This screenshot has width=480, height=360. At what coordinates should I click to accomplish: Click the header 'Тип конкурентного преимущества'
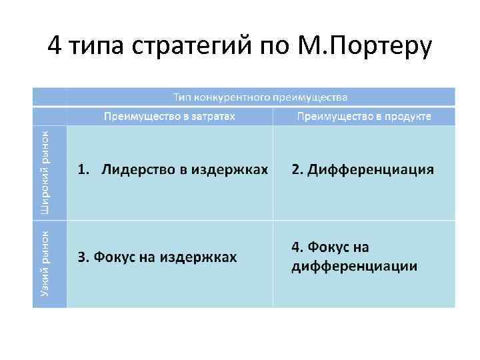tap(261, 97)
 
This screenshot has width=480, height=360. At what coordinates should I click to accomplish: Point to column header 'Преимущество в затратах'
tap(170, 116)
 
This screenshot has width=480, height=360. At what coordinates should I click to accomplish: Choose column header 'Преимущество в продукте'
tap(364, 116)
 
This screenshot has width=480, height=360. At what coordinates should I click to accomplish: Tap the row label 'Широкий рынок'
tap(45, 172)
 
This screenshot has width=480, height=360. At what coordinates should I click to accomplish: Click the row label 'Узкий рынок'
tap(45, 263)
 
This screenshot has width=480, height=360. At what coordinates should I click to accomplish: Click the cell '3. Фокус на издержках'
tap(157, 257)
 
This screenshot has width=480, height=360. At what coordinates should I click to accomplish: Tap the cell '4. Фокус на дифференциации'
tap(354, 257)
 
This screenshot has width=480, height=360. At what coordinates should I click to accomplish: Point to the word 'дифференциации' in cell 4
tap(354, 267)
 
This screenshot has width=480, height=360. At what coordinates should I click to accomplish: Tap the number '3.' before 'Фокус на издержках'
tap(83, 257)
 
